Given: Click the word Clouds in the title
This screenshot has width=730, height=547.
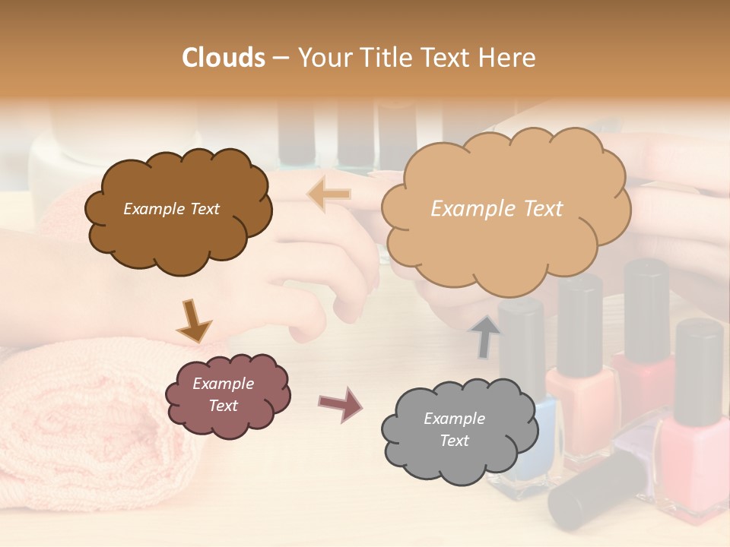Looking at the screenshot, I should pyautogui.click(x=224, y=58).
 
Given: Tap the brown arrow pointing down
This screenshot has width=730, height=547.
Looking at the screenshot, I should pyautogui.click(x=193, y=321).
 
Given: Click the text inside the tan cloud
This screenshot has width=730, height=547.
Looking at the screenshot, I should pyautogui.click(x=497, y=209).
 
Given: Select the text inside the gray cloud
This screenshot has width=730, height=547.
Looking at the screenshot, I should pyautogui.click(x=454, y=429).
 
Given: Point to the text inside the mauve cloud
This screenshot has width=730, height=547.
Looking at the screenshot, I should pyautogui.click(x=223, y=395).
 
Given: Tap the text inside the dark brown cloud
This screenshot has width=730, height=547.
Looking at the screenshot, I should pyautogui.click(x=171, y=209).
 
